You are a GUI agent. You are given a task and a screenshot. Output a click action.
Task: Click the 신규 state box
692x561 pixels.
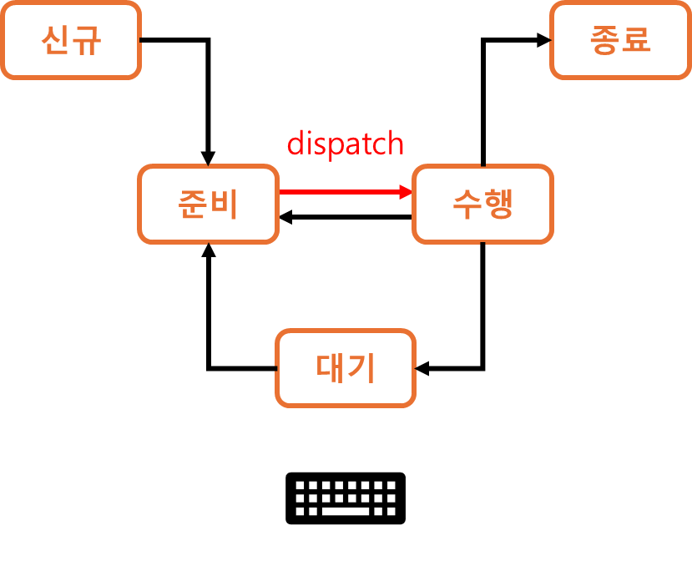click(x=70, y=40)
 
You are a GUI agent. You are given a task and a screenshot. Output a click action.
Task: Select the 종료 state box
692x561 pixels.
click(x=620, y=40)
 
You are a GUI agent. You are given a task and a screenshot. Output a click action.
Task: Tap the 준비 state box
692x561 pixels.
click(x=208, y=205)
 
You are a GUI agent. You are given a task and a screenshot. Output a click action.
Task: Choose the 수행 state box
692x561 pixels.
click(x=482, y=205)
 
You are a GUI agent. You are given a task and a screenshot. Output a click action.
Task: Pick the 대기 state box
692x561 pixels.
click(x=346, y=368)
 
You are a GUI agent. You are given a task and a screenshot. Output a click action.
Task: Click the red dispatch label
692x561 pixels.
click(x=346, y=144)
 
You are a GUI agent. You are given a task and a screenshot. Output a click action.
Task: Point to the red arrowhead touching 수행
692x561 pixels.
click(x=407, y=192)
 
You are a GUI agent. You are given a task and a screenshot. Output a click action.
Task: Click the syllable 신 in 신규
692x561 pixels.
click(x=55, y=40)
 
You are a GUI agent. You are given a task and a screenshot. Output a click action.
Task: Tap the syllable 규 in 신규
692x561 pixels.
click(x=86, y=40)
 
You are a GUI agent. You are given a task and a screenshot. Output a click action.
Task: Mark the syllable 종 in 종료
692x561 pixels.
click(x=605, y=40)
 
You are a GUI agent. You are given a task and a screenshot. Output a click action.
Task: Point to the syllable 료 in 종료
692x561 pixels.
click(x=636, y=40)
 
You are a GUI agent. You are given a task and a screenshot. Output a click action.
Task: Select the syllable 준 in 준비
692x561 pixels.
click(x=193, y=205)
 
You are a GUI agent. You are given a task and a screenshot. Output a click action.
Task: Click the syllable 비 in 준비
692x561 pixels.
click(x=224, y=205)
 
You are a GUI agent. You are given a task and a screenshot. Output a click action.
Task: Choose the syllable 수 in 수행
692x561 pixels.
click(x=467, y=205)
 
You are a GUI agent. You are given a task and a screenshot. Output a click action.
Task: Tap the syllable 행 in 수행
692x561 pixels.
click(x=498, y=205)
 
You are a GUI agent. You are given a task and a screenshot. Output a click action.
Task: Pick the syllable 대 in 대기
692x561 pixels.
click(x=331, y=368)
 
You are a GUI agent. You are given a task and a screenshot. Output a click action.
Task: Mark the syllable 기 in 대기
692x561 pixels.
click(x=361, y=368)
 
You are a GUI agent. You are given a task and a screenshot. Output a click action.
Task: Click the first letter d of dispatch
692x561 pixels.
click(x=295, y=144)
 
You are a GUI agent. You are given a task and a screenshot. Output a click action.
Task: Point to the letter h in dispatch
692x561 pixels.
click(x=396, y=144)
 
